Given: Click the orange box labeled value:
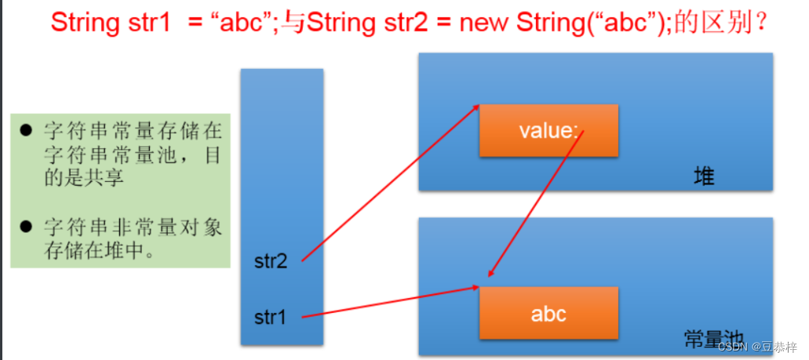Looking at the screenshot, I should click(548, 130).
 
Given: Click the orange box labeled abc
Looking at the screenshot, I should click(548, 315).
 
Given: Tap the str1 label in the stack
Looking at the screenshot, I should click(271, 318).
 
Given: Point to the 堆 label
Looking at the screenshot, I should click(704, 176).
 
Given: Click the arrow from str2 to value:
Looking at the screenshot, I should click(390, 182).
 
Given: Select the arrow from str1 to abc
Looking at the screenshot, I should click(390, 302).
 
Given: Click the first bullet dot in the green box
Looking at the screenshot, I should click(26, 129).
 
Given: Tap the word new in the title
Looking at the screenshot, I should click(486, 22).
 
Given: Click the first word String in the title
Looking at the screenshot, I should click(83, 22).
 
